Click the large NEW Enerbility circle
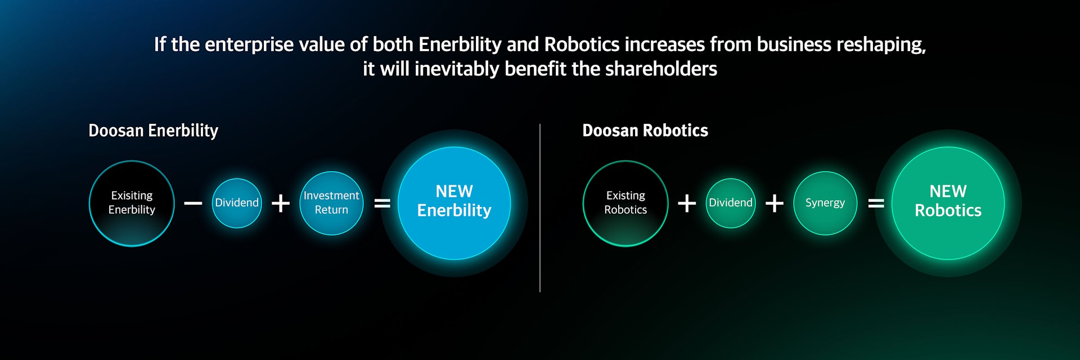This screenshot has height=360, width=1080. click(x=454, y=203)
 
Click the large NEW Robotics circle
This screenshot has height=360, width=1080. click(x=948, y=203)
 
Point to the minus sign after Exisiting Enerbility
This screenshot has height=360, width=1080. click(x=193, y=203)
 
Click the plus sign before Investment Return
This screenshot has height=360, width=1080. click(x=281, y=203)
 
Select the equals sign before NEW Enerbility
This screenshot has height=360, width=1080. click(x=382, y=203)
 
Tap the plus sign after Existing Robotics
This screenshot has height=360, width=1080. click(x=687, y=203)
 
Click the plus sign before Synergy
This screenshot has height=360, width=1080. click(x=775, y=203)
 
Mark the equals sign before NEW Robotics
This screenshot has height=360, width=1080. click(x=876, y=203)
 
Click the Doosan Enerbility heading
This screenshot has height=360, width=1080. click(x=154, y=130)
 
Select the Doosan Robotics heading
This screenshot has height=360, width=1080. click(x=645, y=130)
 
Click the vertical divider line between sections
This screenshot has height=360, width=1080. click(x=540, y=208)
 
